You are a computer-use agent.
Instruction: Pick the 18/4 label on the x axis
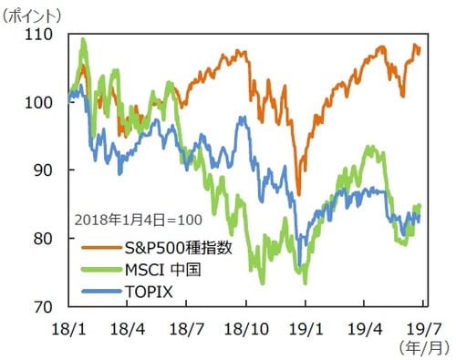pyautogui.click(x=128, y=324)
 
